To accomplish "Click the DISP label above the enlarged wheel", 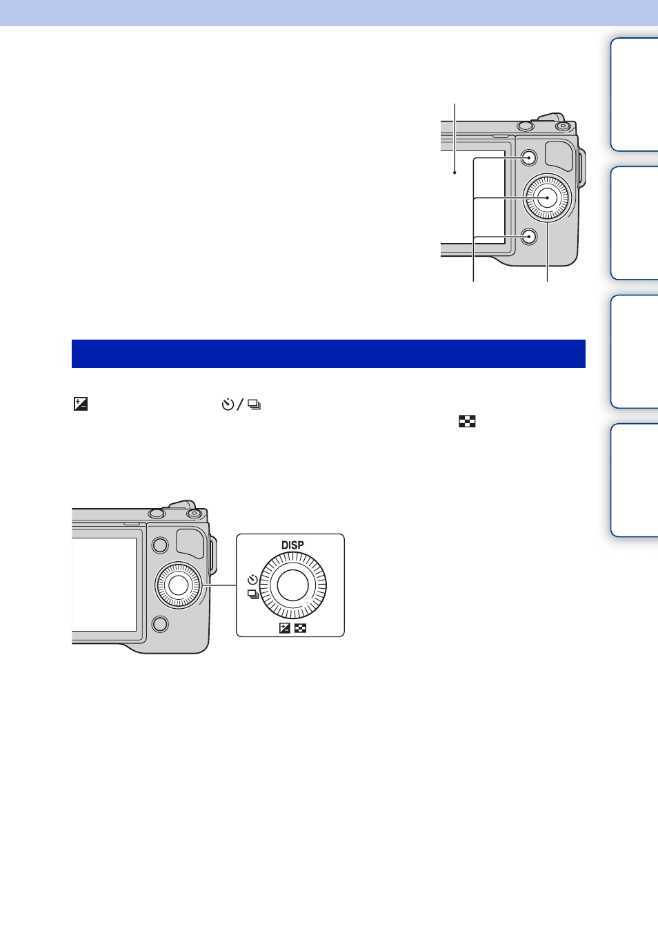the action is (292, 545).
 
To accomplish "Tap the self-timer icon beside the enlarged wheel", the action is (252, 580).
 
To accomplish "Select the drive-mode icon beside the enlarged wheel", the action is (253, 594).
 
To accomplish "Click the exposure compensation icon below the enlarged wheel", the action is (285, 627).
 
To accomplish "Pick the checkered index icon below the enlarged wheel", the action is (300, 627).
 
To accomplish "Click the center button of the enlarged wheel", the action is (292, 585).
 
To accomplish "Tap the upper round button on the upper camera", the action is (528, 158).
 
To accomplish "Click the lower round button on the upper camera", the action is (528, 237).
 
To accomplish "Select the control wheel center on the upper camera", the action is (547, 197).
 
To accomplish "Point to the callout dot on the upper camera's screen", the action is (455, 172).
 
